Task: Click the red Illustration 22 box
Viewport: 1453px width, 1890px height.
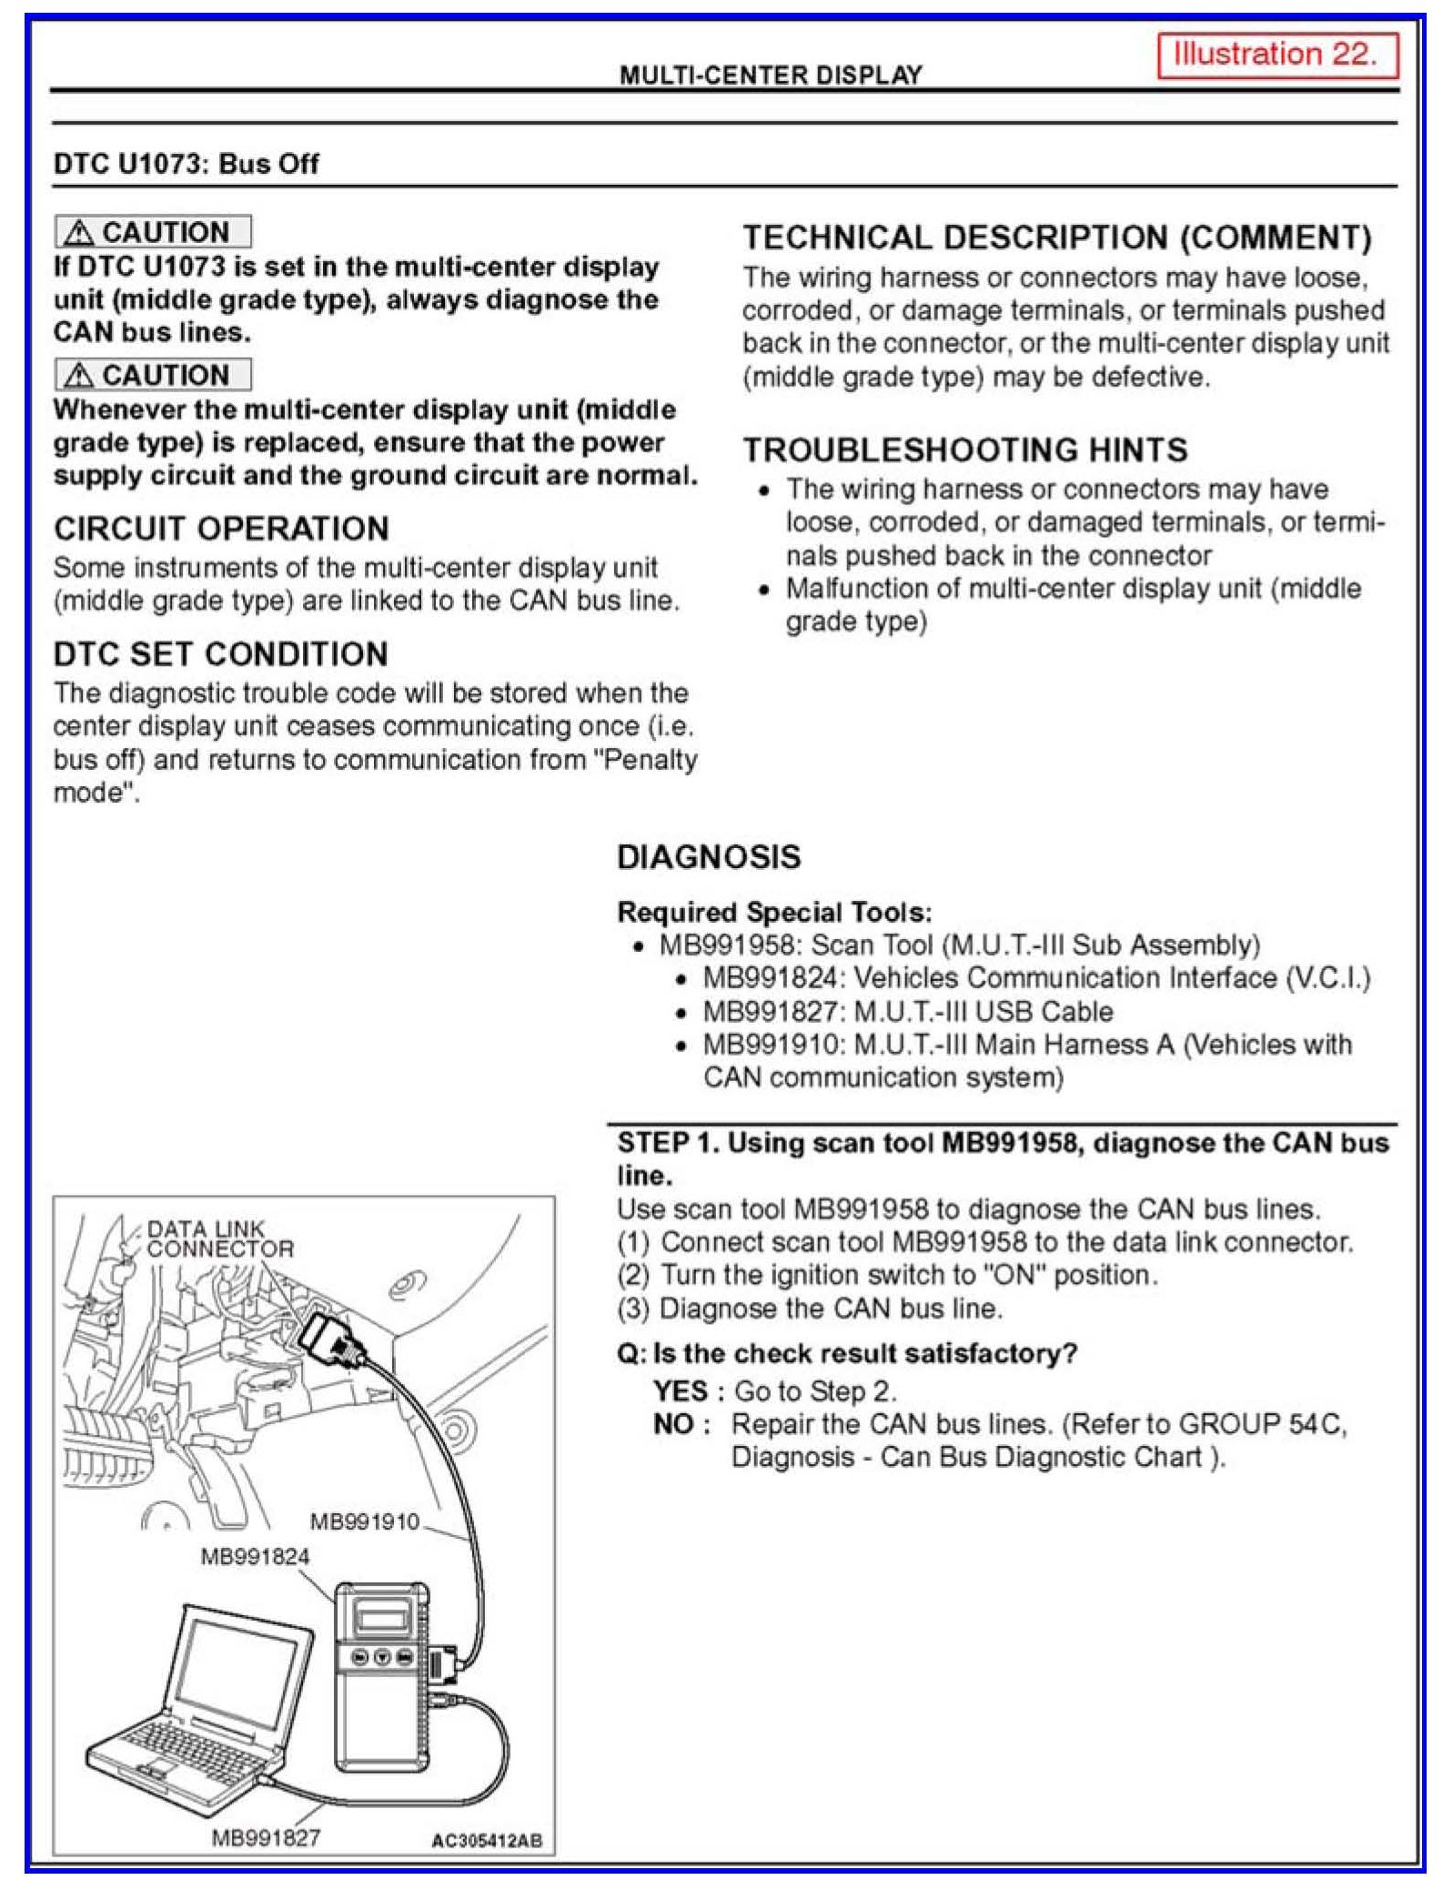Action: [x=1276, y=56]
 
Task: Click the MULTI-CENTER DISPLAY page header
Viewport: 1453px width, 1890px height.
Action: [x=771, y=75]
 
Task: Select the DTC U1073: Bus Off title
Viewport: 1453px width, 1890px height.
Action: [x=187, y=164]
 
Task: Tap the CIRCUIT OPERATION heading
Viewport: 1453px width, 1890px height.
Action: [x=221, y=529]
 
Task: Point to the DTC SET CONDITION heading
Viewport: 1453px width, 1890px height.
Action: [x=220, y=654]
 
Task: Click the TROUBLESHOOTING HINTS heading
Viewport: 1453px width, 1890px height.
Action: [x=965, y=450]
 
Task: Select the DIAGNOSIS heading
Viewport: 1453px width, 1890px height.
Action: [x=709, y=857]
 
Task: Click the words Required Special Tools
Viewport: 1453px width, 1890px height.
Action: [x=774, y=912]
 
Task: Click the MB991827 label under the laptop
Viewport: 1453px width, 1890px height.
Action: [x=266, y=1837]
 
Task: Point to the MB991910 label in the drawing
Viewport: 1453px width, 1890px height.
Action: [x=365, y=1521]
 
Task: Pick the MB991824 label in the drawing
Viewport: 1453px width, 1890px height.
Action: [x=255, y=1556]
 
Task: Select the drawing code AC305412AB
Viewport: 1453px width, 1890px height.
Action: [x=487, y=1841]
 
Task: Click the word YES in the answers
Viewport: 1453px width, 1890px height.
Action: [x=680, y=1391]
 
